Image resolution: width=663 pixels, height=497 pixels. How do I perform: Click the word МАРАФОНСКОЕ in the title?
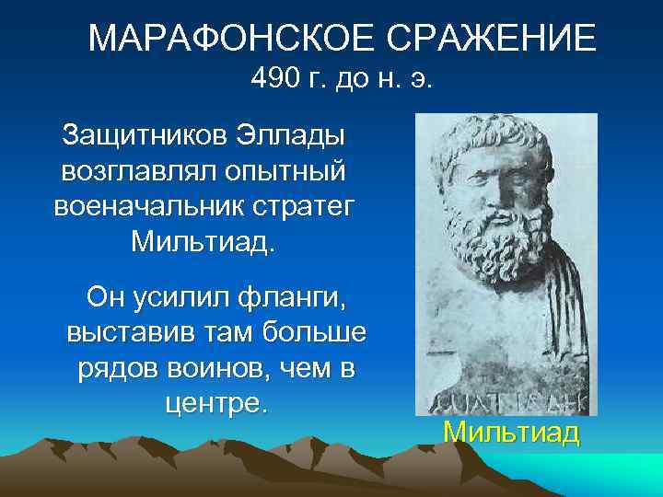(218, 39)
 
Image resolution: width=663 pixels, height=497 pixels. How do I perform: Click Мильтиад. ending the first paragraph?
(203, 242)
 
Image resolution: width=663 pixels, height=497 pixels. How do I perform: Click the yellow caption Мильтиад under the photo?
(511, 432)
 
